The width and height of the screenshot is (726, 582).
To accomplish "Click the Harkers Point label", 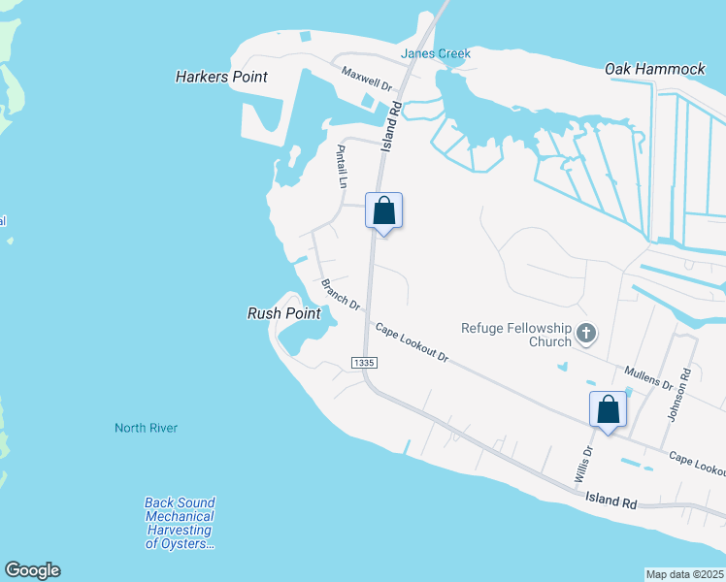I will click(221, 76).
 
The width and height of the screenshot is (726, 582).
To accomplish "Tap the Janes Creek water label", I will click(437, 53).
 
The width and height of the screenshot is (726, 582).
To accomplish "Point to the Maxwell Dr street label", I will click(366, 79).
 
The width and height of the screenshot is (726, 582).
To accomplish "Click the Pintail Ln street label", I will click(341, 166).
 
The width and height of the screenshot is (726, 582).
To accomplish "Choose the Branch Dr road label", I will click(340, 295).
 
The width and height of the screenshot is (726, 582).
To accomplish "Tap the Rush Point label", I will click(283, 313).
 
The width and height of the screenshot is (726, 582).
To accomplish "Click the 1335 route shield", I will click(364, 362).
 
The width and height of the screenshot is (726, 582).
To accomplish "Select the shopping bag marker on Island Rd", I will click(383, 210).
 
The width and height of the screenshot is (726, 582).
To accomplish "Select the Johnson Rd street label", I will click(685, 386).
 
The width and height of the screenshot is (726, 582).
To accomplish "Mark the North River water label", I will click(146, 428).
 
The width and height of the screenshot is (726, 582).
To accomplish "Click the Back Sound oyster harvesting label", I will click(180, 523).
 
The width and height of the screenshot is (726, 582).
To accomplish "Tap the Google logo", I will click(32, 570).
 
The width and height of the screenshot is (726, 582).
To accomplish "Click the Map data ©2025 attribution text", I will click(684, 574).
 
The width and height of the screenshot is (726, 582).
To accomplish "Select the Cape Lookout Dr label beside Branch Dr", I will click(412, 342).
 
